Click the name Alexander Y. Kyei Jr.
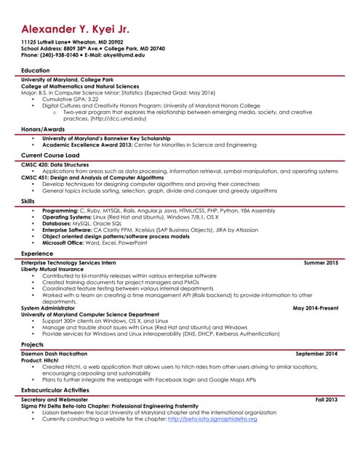(75, 30)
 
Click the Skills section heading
(28, 201)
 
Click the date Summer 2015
(321, 262)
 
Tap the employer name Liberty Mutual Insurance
(52, 269)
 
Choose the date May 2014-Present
(315, 308)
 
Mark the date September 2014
(316, 353)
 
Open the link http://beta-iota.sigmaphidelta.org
(212, 419)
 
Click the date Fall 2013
(327, 400)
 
